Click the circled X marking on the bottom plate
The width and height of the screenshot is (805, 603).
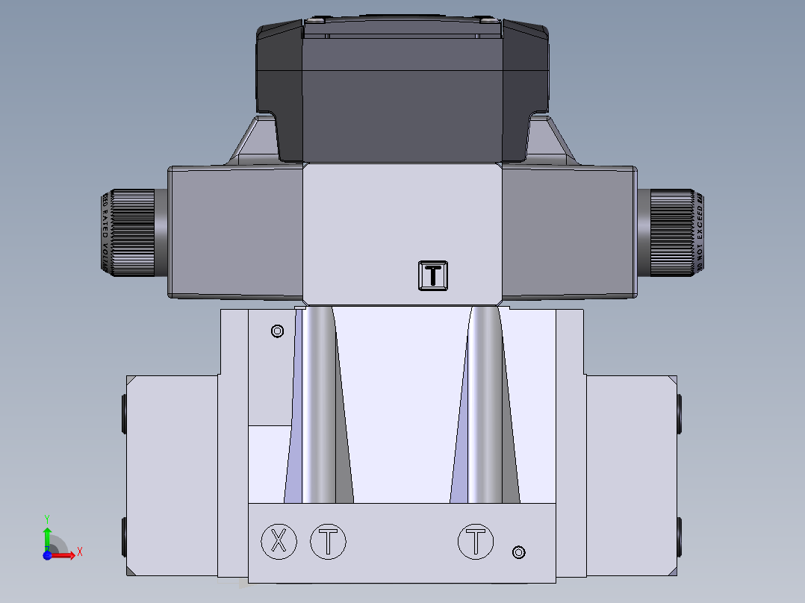(279, 541)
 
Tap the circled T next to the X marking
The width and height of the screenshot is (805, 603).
(328, 541)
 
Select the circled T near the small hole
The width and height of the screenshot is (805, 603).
(476, 541)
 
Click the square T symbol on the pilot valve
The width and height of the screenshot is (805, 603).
(433, 275)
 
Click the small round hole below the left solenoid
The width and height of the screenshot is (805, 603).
(277, 331)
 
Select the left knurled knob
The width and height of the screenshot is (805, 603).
(133, 233)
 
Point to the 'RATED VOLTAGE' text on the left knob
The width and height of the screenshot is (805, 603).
(105, 233)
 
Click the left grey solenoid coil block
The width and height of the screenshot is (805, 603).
(235, 233)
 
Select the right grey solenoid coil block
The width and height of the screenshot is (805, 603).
(569, 233)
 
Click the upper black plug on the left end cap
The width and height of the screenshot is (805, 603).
(123, 415)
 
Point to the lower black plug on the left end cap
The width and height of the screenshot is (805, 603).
(123, 537)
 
